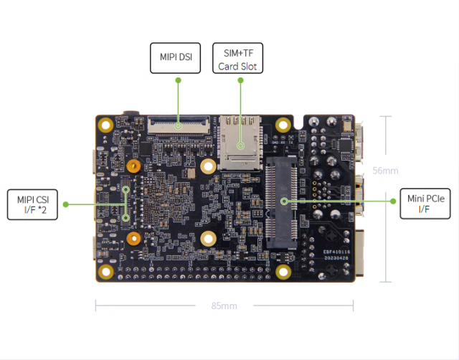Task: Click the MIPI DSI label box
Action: click(175, 58)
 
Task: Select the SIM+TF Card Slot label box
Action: click(237, 58)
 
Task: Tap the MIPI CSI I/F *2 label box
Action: click(32, 204)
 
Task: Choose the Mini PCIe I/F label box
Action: click(425, 204)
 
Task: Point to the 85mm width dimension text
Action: click(224, 305)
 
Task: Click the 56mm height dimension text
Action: click(385, 171)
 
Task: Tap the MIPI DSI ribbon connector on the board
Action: click(179, 125)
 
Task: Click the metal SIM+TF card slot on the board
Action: click(240, 143)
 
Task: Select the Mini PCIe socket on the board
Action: click(281, 202)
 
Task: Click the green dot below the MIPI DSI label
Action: click(179, 80)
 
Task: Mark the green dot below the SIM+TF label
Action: click(241, 80)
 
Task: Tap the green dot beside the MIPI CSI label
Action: click(66, 204)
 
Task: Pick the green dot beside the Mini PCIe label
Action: click(393, 201)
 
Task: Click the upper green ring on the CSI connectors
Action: click(126, 189)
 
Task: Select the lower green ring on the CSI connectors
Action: click(126, 218)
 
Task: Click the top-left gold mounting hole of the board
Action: click(105, 125)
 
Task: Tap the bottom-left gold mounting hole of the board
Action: click(105, 272)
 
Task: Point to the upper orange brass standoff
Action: click(134, 166)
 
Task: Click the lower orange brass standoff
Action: click(134, 239)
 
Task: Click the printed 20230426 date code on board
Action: click(336, 258)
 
